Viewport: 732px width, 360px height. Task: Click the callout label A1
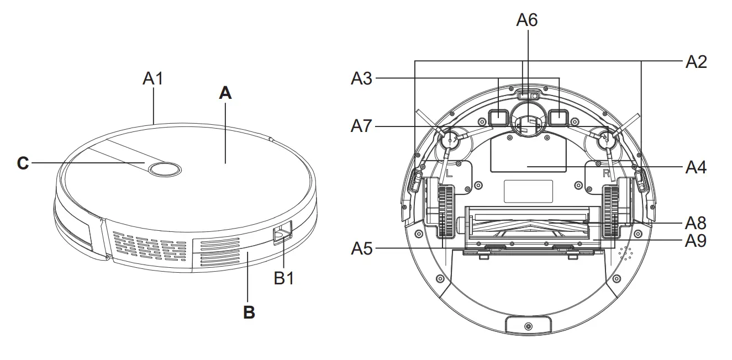pyautogui.click(x=153, y=78)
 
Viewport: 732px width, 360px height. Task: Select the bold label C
pyautogui.click(x=23, y=163)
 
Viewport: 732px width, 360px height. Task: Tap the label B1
pyautogui.click(x=284, y=278)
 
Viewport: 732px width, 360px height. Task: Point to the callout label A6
pyautogui.click(x=526, y=20)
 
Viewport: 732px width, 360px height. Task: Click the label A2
pyautogui.click(x=696, y=62)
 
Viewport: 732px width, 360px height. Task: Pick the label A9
pyautogui.click(x=696, y=241)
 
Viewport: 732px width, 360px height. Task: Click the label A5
pyautogui.click(x=362, y=249)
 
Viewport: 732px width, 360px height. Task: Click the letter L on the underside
pyautogui.click(x=449, y=172)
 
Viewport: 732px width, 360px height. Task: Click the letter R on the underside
pyautogui.click(x=605, y=172)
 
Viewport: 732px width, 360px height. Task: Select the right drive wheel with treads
pyautogui.click(x=611, y=211)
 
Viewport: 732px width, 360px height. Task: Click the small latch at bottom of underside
pyautogui.click(x=528, y=326)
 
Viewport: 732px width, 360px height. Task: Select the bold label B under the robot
pyautogui.click(x=249, y=313)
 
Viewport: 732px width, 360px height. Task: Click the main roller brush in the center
pyautogui.click(x=528, y=224)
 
